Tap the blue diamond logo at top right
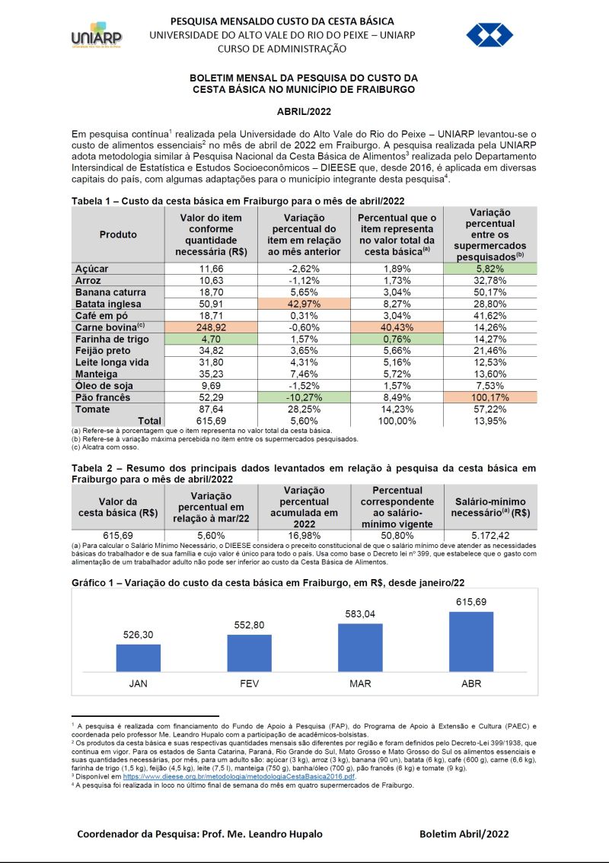click(x=489, y=35)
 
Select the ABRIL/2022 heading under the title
click(x=304, y=112)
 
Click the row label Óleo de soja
click(x=104, y=385)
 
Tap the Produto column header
click(x=118, y=234)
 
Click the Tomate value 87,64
click(x=211, y=409)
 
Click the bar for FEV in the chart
click(x=249, y=653)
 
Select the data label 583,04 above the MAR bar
click(x=360, y=614)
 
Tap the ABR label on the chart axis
click(x=471, y=683)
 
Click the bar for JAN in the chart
click(x=139, y=658)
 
